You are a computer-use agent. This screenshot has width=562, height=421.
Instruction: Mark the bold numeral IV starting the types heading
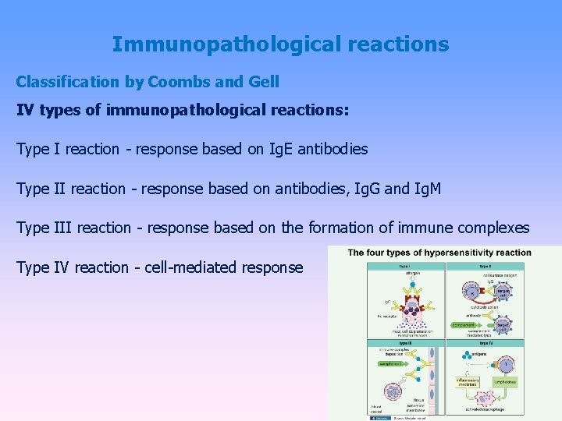click(27, 110)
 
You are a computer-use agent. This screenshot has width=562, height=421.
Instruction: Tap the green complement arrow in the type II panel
click(468, 324)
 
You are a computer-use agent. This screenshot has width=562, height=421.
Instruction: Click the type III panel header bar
click(406, 343)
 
